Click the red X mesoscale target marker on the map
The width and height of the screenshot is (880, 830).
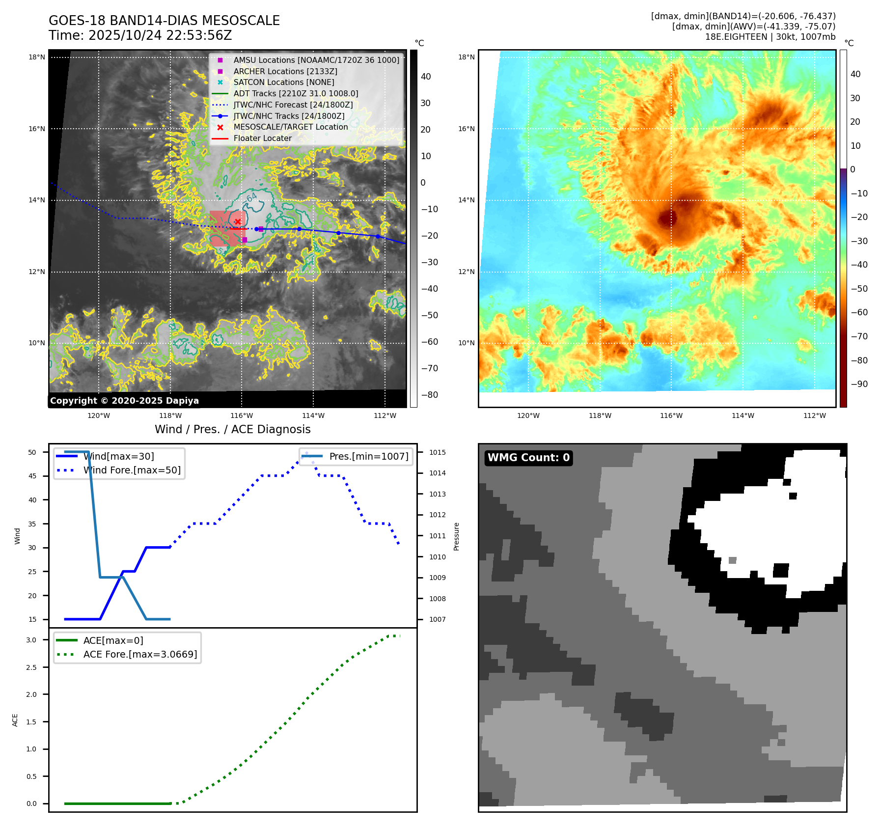(238, 221)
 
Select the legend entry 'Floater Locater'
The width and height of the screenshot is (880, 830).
(262, 138)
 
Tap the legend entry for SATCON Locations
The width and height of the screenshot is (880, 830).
(283, 83)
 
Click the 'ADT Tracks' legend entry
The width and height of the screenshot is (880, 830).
(296, 94)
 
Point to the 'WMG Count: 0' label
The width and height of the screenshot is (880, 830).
(528, 458)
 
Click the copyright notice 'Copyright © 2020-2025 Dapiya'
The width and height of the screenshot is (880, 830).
(124, 401)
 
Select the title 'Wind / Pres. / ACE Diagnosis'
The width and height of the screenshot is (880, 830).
(232, 429)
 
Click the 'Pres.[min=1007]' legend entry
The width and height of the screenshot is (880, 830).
(368, 457)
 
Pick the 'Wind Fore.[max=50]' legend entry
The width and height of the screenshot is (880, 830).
(132, 470)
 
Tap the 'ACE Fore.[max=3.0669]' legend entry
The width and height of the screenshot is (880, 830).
(140, 655)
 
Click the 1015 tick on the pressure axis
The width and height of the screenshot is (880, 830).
(437, 452)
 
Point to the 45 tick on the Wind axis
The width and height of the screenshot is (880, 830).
(32, 476)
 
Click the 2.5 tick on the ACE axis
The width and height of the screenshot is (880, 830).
(31, 667)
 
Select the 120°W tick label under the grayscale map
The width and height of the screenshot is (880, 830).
(99, 416)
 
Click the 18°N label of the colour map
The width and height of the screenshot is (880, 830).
(466, 57)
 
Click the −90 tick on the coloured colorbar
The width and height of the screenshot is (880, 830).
(859, 384)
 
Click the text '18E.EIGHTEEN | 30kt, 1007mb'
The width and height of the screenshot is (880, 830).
(770, 37)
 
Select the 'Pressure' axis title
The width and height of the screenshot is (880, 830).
(457, 536)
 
